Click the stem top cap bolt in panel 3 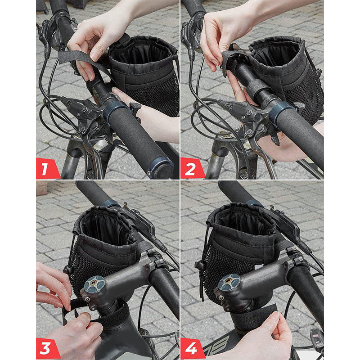point(94,283)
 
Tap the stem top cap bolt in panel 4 point(229,281)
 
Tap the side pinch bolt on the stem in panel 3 point(87,299)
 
